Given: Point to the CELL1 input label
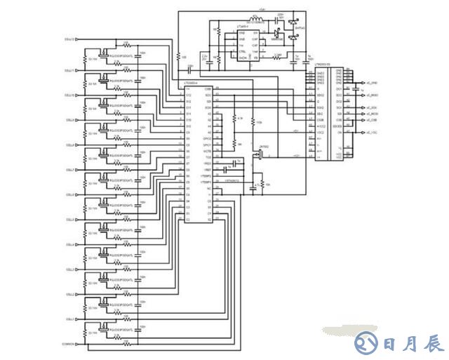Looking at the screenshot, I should click(69, 319).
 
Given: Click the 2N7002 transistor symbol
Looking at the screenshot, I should click(260, 156).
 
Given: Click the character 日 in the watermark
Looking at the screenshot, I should click(390, 344).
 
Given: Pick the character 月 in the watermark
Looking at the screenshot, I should click(411, 344).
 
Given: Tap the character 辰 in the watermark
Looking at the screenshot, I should click(433, 344).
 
